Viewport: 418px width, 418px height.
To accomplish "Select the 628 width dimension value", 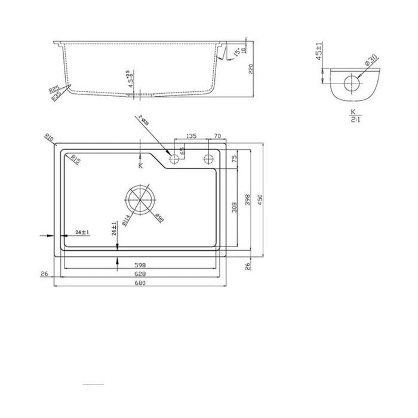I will tap(140, 273).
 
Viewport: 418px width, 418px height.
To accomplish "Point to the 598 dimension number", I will tap(140, 265).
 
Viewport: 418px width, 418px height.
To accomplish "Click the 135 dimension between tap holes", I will tap(190, 136).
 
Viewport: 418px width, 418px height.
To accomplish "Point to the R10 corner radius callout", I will tap(50, 139).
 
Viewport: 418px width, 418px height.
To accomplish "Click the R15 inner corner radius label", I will tap(76, 158).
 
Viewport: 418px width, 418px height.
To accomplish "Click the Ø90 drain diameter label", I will tap(159, 219).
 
